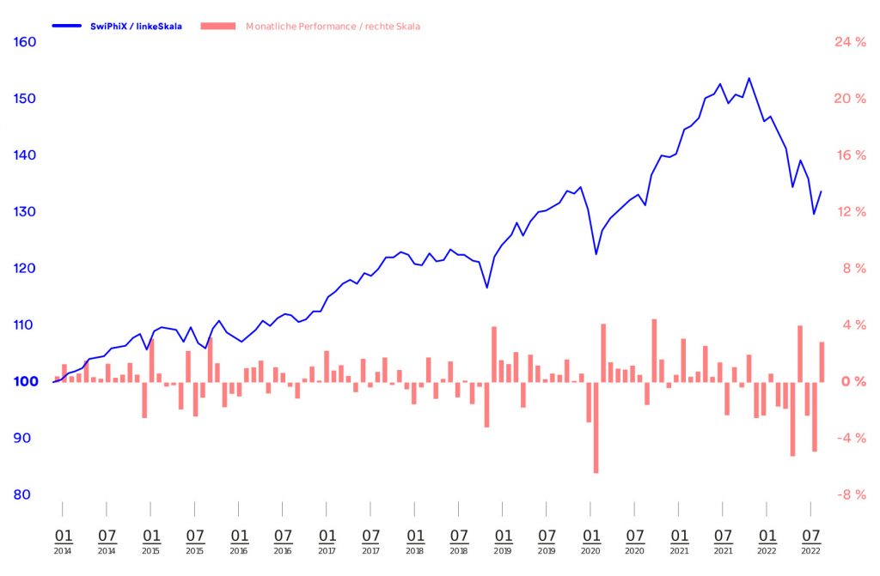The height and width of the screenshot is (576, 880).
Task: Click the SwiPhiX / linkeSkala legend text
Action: point(136,27)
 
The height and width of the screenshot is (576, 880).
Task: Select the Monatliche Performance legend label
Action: point(333,27)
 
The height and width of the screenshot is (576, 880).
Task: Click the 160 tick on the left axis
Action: point(25,41)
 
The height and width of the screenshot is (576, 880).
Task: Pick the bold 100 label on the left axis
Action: point(25,381)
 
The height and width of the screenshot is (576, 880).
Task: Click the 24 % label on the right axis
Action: point(849,41)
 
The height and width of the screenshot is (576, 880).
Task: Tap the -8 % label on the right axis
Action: point(849,494)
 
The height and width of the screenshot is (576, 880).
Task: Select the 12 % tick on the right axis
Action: point(849,211)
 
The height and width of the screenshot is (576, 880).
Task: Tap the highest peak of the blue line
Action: point(749,78)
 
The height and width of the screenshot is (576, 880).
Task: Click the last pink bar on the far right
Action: point(822,361)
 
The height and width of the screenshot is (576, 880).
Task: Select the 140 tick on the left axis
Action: point(25,155)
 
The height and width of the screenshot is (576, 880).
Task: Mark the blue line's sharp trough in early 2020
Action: point(596,254)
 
